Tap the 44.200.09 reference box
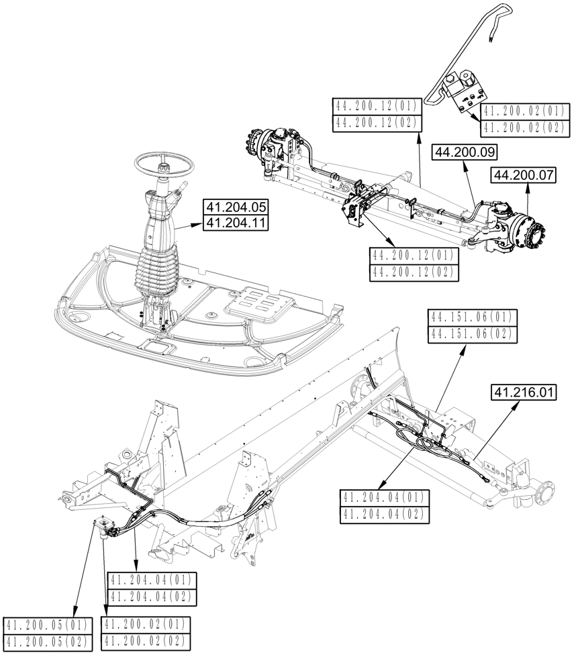pos(460,152)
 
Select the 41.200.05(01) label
pos(48,625)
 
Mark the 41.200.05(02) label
pos(48,641)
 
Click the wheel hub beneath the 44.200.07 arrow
pos(530,234)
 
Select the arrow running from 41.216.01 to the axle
pos(497,429)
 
